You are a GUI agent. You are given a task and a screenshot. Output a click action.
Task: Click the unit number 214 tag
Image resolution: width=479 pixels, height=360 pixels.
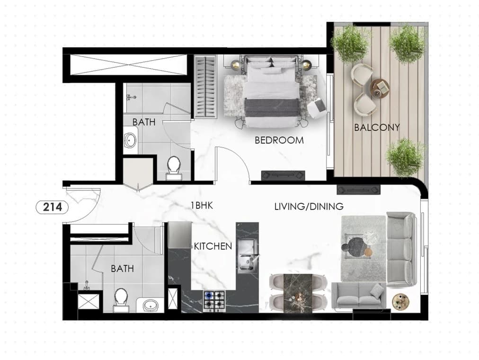(52, 207)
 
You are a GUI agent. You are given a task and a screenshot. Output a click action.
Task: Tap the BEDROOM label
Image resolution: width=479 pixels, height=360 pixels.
(279, 140)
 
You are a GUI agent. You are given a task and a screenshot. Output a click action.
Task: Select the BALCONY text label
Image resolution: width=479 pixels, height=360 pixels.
(377, 127)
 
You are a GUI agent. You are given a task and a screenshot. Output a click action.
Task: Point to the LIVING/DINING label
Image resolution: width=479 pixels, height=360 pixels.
(309, 207)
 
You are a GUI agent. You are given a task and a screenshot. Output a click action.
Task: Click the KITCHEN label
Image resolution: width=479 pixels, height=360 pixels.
(213, 246)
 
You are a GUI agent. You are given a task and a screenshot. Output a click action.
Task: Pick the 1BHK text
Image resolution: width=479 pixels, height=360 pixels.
(202, 206)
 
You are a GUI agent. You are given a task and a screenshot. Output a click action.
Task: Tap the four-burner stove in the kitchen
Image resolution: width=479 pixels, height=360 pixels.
(214, 301)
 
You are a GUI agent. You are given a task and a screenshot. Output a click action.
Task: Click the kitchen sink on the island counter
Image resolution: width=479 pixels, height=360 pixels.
(248, 256)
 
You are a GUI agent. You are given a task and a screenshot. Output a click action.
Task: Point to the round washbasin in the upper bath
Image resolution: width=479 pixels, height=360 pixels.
(131, 141)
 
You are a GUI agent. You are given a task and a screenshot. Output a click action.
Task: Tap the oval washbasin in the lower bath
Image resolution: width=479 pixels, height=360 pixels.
(151, 305)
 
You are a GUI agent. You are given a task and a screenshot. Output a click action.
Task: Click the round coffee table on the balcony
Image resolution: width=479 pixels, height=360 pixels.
(380, 88)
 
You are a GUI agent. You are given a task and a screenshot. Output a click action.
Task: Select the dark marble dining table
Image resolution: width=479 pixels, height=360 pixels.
(298, 293)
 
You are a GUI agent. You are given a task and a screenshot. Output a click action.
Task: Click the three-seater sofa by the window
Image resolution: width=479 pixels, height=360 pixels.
(401, 249)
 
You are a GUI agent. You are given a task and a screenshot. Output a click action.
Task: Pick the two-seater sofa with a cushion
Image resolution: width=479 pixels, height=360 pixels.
(358, 296)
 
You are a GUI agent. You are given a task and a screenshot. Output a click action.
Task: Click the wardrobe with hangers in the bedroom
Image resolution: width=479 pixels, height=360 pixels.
(205, 87)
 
